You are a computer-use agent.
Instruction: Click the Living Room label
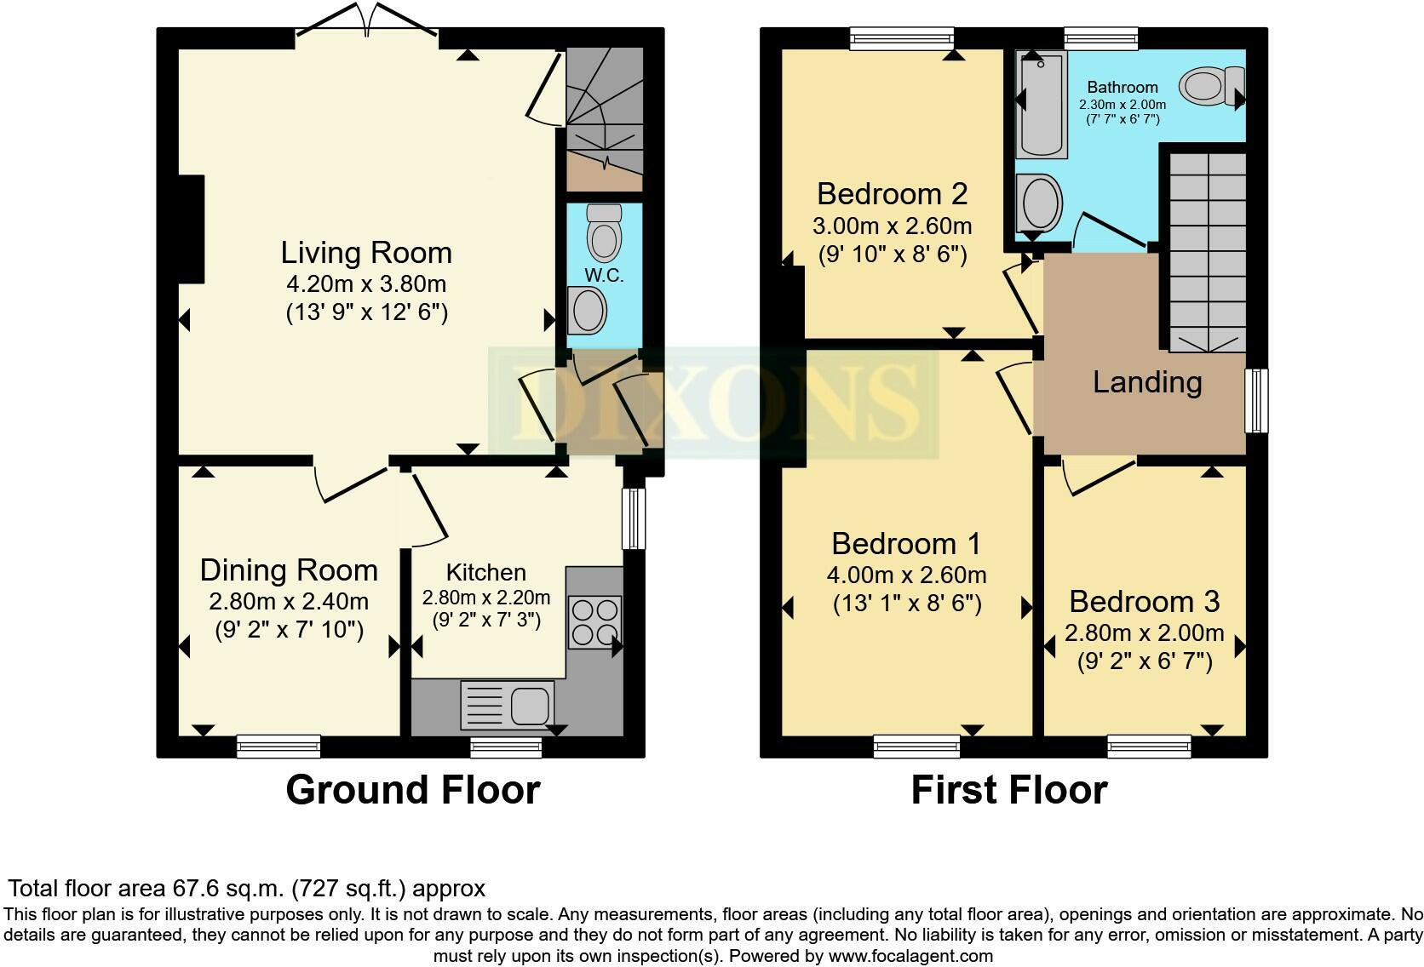(x=367, y=253)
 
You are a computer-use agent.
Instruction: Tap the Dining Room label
(x=290, y=570)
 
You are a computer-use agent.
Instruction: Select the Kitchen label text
(x=486, y=572)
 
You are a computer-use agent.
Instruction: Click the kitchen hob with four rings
(x=595, y=622)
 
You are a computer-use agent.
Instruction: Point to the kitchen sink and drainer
(x=508, y=705)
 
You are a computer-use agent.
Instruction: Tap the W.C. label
(x=604, y=276)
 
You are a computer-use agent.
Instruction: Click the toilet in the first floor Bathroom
(x=1212, y=87)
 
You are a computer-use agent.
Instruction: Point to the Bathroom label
(x=1123, y=87)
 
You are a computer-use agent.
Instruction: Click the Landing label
(x=1147, y=382)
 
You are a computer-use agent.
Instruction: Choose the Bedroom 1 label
(x=906, y=544)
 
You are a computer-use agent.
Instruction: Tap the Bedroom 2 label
(x=893, y=194)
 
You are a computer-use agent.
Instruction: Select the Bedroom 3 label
(x=1145, y=602)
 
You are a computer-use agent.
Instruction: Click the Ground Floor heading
(x=413, y=790)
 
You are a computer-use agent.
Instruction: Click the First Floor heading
(x=1009, y=790)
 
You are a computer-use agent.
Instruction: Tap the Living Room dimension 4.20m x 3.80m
(x=367, y=283)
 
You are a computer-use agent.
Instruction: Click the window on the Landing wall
(x=1256, y=401)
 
